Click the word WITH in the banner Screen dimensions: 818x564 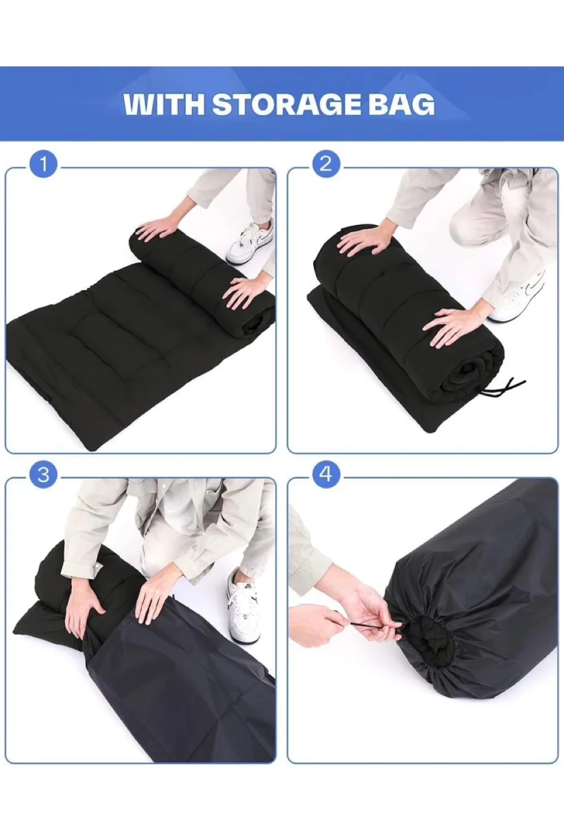click(x=163, y=105)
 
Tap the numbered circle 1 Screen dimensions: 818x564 click(x=44, y=165)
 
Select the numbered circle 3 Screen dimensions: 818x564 click(x=44, y=474)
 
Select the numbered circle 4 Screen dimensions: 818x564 click(x=325, y=474)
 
